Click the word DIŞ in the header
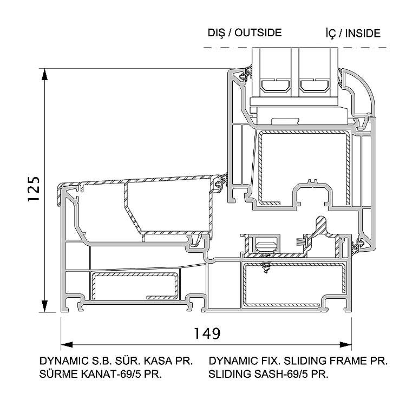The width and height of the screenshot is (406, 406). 217,32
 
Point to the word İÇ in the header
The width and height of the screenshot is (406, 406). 331,33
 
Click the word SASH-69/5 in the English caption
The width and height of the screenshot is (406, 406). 272,374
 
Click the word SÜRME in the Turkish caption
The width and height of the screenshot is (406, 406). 56,374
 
